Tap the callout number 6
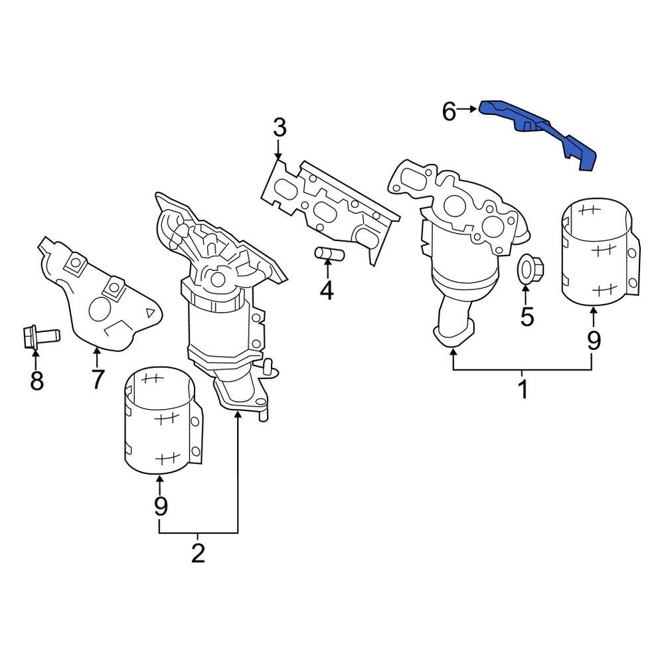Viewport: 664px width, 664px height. (x=450, y=112)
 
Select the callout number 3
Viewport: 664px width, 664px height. (x=279, y=127)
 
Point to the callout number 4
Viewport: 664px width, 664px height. (x=326, y=290)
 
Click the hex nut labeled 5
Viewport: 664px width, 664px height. (x=527, y=270)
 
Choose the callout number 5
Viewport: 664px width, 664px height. (x=527, y=317)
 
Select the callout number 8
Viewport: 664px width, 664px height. (x=37, y=380)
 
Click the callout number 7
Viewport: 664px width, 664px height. (x=97, y=378)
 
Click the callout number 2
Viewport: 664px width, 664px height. (x=198, y=553)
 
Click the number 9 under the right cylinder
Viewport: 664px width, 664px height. (x=593, y=340)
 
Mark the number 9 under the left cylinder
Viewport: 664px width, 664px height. (x=160, y=506)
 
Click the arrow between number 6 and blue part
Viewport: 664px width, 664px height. (x=469, y=108)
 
